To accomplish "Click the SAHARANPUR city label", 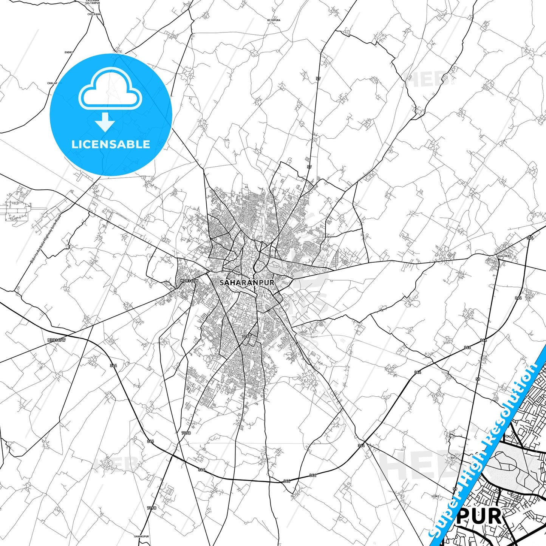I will point(247,282).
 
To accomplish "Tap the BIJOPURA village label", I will point(274,20).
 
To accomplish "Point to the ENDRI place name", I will point(68,52).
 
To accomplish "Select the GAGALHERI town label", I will point(503,256).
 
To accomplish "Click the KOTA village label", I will point(454,458).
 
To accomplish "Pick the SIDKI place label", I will point(436,496).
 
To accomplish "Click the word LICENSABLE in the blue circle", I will point(111,144).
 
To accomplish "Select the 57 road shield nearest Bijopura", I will point(318,79).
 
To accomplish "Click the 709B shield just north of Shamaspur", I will point(151,508).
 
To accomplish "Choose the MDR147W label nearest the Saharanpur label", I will point(189,281).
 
